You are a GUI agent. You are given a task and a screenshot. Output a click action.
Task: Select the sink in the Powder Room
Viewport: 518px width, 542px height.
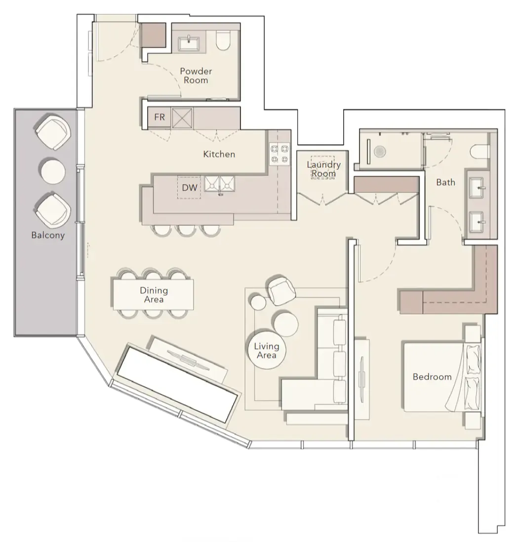188,44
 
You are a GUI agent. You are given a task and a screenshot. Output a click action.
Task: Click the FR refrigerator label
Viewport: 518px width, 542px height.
159,117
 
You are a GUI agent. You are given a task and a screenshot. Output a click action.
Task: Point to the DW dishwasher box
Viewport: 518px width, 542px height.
190,188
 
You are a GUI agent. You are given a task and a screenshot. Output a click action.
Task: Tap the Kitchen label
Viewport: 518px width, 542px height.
219,154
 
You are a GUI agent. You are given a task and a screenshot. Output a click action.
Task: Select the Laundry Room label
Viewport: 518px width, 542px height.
324,169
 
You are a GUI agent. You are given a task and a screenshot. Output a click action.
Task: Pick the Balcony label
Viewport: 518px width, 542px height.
48,235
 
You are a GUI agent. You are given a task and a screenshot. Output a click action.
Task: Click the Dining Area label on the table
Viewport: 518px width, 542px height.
154,295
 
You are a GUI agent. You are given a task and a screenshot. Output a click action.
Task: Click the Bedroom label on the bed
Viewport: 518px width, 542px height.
432,377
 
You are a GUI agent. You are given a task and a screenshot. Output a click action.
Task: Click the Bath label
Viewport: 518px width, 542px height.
445,182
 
